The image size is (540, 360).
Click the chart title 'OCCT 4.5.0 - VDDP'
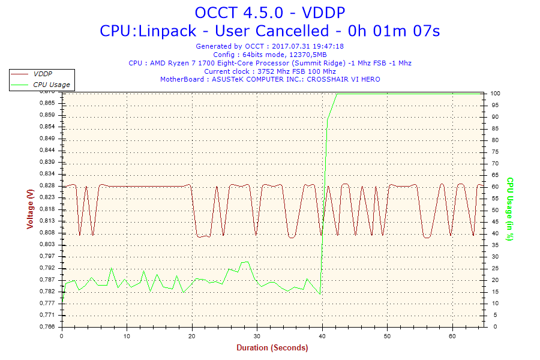click(270, 13)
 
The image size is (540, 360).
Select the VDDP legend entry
click(42, 74)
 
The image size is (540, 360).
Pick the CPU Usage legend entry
click(51, 85)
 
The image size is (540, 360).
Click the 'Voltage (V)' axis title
click(30, 209)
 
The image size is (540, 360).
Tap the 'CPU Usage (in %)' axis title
click(510, 209)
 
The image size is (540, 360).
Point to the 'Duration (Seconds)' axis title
click(272, 348)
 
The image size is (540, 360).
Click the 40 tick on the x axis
click(322, 337)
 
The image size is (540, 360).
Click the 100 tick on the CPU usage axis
click(495, 94)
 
